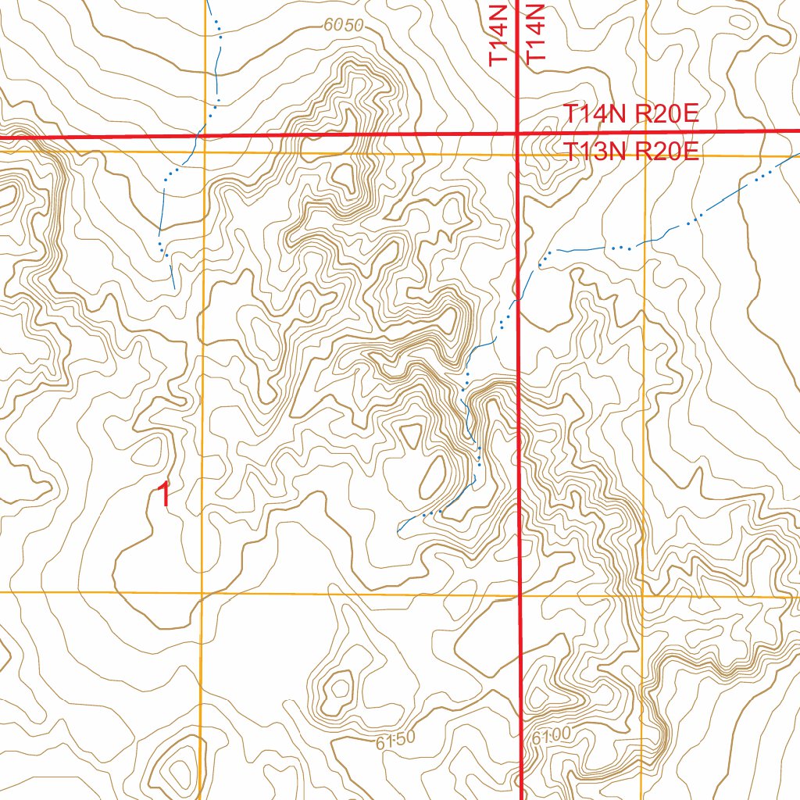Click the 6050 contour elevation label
(344, 26)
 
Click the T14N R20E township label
(631, 114)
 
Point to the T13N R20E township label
(631, 152)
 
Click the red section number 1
(164, 495)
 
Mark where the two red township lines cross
(517, 134)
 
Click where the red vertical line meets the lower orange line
(520, 595)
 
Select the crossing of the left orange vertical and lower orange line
(202, 593)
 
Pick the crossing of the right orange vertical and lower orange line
(643, 597)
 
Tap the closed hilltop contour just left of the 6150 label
(340, 688)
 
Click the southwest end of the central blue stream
(398, 533)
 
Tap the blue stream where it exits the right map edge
(797, 153)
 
